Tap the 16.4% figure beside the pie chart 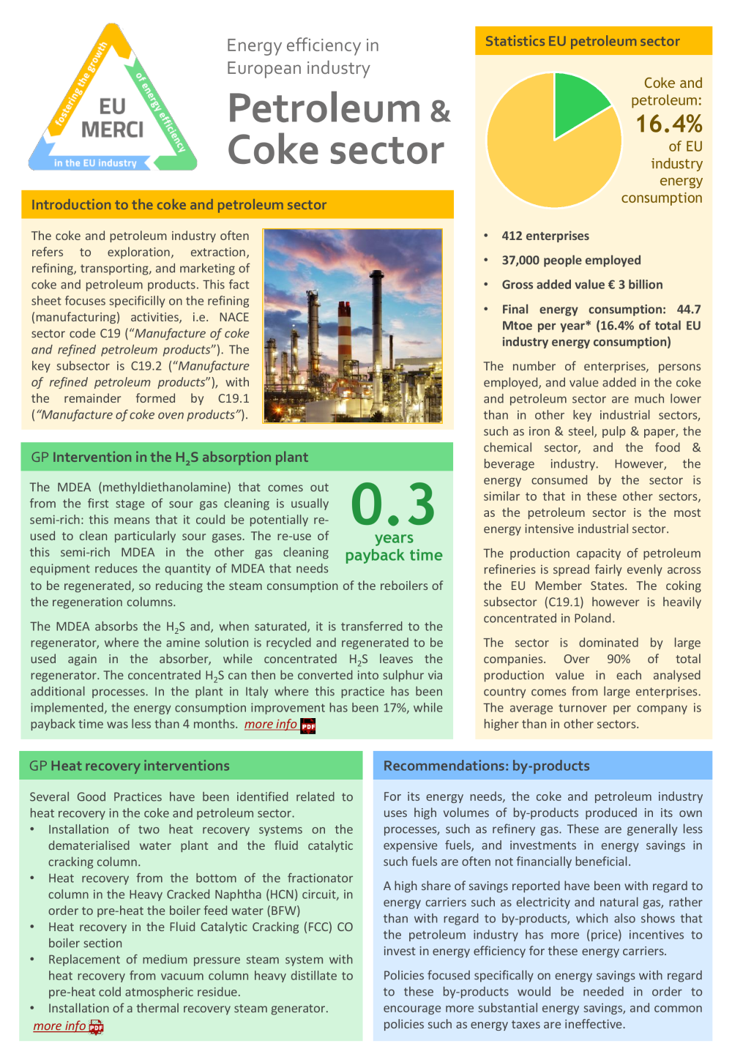click(668, 124)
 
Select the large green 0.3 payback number click(393, 505)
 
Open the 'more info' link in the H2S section click(270, 724)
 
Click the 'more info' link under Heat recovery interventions click(59, 1026)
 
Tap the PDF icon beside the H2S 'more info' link click(308, 725)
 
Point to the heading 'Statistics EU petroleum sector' click(582, 42)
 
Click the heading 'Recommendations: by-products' click(486, 766)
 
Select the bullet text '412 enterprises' click(545, 236)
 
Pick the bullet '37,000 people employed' click(571, 260)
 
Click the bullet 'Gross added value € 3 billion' click(582, 285)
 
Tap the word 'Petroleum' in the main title click(324, 108)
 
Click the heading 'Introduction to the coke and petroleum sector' click(179, 205)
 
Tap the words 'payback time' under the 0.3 click(394, 555)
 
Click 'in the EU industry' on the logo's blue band click(95, 163)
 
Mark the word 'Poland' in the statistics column click(592, 619)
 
